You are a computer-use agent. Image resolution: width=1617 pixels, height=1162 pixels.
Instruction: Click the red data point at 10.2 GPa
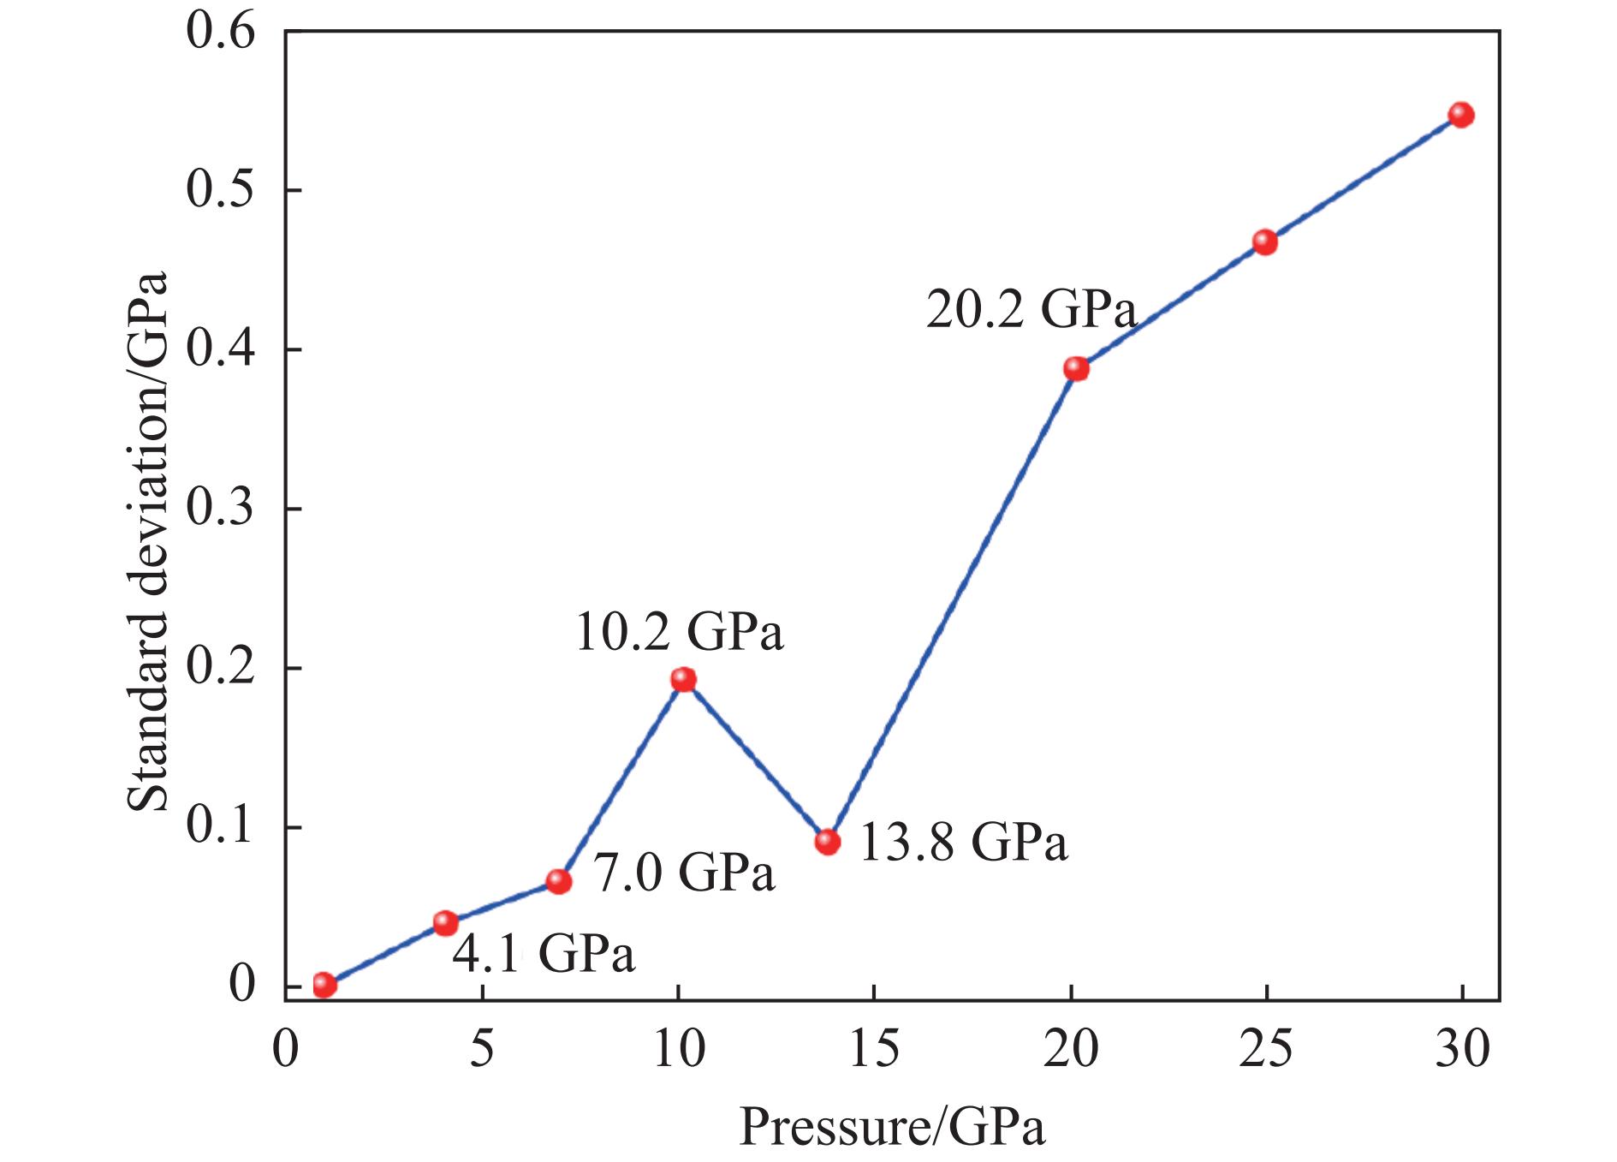tap(682, 679)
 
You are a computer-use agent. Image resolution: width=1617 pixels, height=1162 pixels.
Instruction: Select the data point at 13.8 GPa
tap(827, 841)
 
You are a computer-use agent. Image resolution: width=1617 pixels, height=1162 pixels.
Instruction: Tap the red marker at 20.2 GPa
tap(1076, 369)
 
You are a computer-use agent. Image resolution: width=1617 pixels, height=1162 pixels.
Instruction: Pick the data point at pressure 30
tap(1461, 115)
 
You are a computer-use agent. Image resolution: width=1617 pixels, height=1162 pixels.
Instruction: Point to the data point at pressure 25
tap(1264, 242)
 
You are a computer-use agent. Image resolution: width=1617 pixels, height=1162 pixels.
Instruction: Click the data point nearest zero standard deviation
tap(324, 985)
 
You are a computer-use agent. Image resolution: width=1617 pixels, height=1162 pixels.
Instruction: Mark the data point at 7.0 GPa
tap(558, 881)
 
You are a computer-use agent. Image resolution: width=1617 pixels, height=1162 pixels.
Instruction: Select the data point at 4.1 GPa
tap(445, 922)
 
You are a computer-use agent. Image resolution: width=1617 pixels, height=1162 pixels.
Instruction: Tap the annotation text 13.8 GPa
tap(964, 843)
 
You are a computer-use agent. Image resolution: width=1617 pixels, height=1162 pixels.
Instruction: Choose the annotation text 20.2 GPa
tap(1031, 311)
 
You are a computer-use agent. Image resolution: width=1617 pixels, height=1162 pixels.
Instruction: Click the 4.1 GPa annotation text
tap(544, 955)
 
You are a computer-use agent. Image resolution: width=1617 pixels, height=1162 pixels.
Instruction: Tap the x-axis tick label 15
tap(874, 1050)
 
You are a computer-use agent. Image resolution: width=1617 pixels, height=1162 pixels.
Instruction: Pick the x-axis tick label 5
tap(482, 1050)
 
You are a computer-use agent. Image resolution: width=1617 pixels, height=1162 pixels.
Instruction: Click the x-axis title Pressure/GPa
tap(892, 1127)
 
